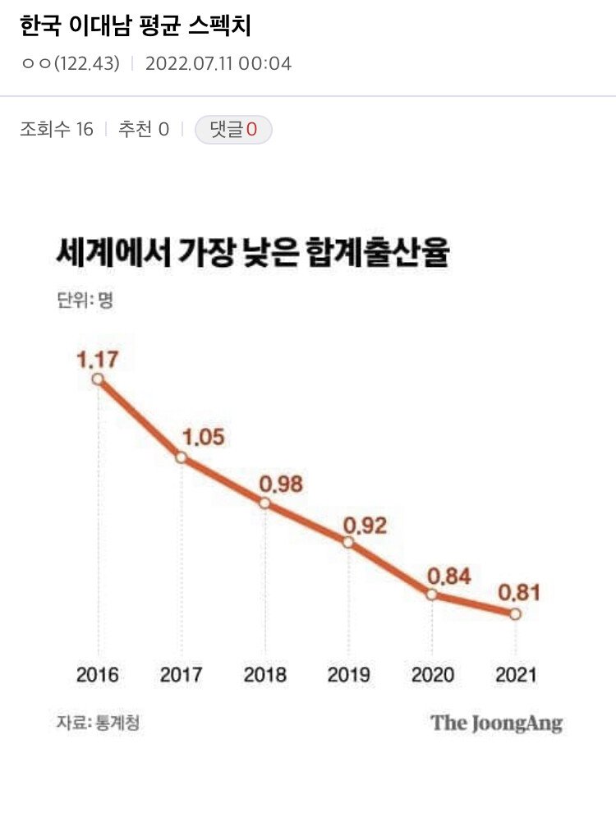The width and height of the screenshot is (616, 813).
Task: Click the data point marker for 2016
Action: click(x=99, y=379)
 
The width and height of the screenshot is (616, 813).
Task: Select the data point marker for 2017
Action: click(x=182, y=457)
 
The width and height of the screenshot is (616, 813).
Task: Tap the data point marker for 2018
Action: click(x=264, y=503)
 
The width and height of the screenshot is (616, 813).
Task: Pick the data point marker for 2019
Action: click(x=348, y=542)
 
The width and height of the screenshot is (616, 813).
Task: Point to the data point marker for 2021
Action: click(x=515, y=614)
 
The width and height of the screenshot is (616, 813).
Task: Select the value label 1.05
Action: click(x=203, y=437)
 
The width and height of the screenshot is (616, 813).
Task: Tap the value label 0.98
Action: click(x=281, y=484)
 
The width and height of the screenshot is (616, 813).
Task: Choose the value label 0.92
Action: click(x=365, y=524)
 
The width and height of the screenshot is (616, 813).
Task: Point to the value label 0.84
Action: click(x=448, y=576)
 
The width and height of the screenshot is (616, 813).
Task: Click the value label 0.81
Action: click(x=520, y=592)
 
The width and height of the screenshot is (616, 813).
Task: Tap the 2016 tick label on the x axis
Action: click(x=98, y=675)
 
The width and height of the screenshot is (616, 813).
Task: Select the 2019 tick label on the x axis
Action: click(x=348, y=675)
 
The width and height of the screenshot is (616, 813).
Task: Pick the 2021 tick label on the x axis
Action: click(x=515, y=675)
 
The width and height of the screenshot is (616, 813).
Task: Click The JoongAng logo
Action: click(x=497, y=723)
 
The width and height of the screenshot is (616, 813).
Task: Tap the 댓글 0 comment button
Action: click(x=233, y=130)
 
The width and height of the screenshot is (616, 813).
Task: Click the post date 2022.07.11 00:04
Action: click(x=218, y=63)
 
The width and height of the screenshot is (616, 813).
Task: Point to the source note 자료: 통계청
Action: click(x=92, y=723)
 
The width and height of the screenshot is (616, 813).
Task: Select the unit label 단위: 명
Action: click(x=85, y=300)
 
